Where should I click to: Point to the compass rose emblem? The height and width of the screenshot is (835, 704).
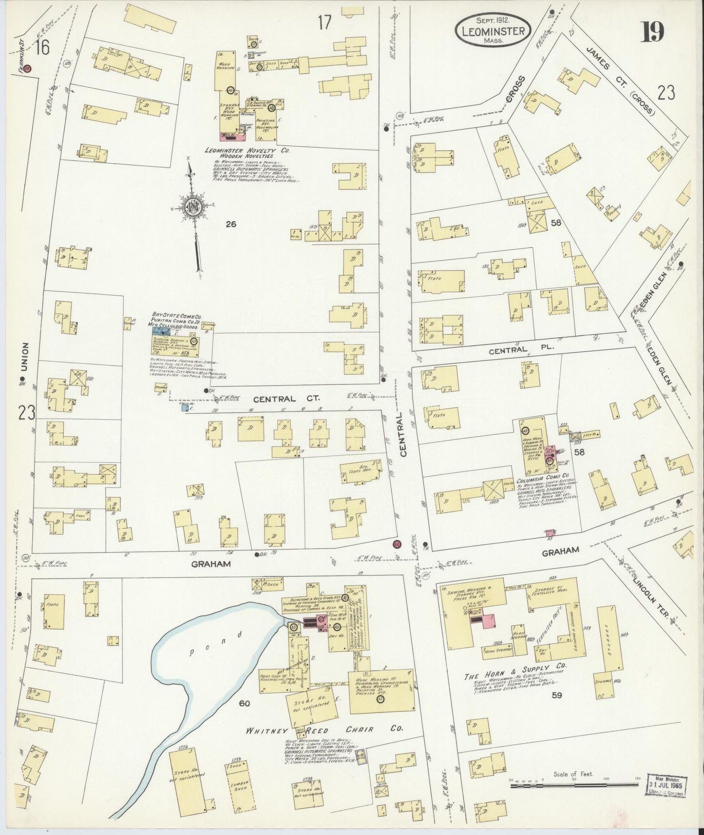pos(194,207)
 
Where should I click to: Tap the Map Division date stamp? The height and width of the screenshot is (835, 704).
pos(666,785)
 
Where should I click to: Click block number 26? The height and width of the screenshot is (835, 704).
pos(230,224)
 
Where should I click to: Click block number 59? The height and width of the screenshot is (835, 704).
pos(556,695)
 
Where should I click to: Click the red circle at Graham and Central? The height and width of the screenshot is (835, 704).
pos(396,544)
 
